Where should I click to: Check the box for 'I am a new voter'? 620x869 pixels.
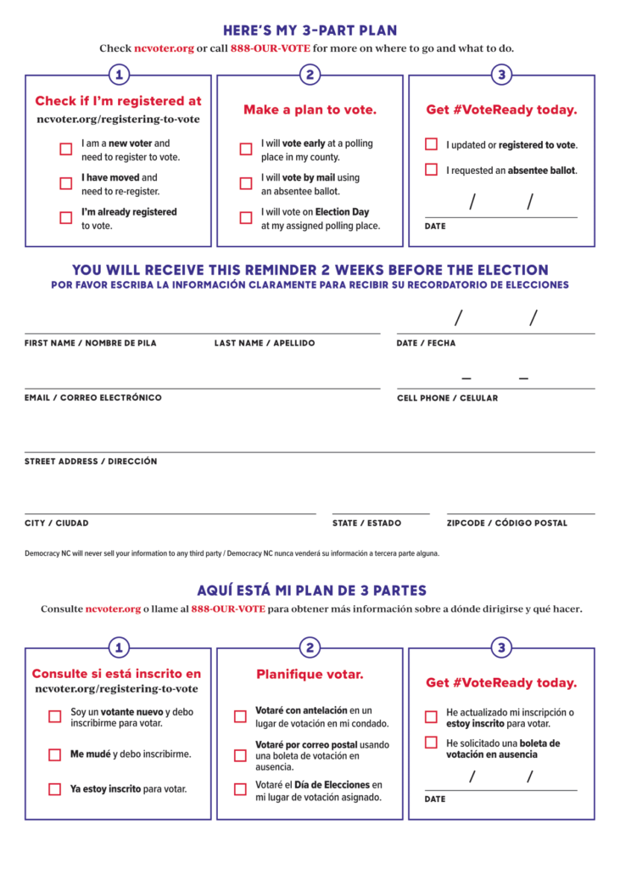point(66,149)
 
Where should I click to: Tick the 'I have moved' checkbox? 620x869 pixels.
point(66,183)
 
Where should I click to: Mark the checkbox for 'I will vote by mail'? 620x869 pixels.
point(246,183)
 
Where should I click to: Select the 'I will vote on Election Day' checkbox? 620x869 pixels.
point(246,218)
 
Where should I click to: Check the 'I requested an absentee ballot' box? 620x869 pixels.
point(431,170)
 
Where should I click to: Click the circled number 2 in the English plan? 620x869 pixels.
point(310,76)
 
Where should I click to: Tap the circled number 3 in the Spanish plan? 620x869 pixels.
point(501,648)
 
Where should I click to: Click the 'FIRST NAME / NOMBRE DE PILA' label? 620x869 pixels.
point(90,343)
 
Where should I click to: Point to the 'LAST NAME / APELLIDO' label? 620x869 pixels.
point(264,343)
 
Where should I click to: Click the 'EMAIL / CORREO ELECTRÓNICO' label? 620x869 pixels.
point(92,397)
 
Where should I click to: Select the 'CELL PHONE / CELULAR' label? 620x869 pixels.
point(447,398)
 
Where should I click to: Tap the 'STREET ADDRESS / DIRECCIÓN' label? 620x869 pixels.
point(91,461)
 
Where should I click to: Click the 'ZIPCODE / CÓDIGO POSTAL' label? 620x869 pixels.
point(507,523)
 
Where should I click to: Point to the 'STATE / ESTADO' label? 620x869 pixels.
point(366,523)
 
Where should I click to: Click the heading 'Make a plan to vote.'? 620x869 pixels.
point(310,109)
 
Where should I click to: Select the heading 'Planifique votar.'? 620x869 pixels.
point(310,675)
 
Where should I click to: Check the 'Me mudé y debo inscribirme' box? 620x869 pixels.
point(55,754)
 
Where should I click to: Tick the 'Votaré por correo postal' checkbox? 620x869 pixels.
point(241,755)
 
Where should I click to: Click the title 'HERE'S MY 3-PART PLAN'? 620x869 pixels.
point(310,31)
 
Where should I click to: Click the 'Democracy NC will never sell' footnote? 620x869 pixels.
point(232,553)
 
